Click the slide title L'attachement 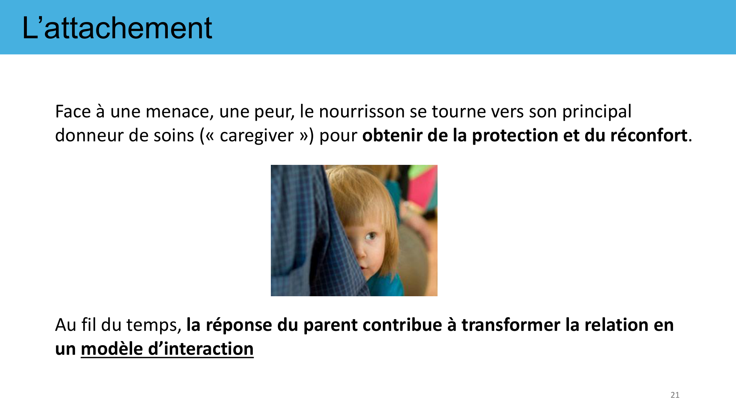click(x=117, y=28)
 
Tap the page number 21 click(x=675, y=395)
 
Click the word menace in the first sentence click(x=180, y=112)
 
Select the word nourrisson click(x=362, y=112)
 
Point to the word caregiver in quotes click(x=256, y=135)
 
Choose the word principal click(x=597, y=112)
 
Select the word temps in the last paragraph click(x=152, y=325)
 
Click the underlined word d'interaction click(x=201, y=348)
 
